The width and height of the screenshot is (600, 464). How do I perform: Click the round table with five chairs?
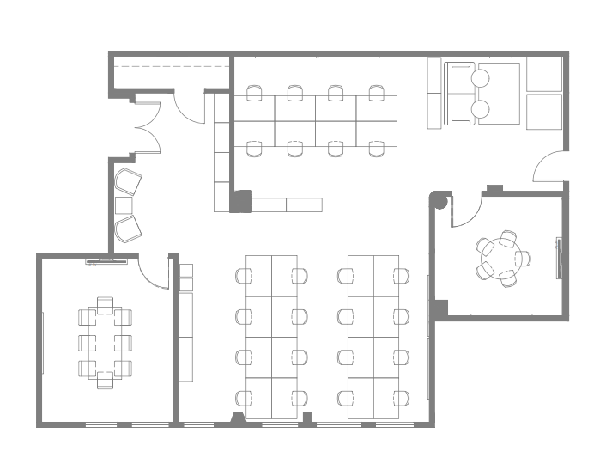pyautogui.click(x=502, y=259)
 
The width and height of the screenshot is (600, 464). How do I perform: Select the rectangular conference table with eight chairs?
pyautogui.click(x=105, y=342)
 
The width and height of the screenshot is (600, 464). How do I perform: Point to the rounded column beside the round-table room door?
pyautogui.click(x=439, y=203)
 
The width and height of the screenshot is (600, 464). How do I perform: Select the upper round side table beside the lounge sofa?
pyautogui.click(x=481, y=78)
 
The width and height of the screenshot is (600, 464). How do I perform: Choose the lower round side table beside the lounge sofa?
pyautogui.click(x=481, y=109)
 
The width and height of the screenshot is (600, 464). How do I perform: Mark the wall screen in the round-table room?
pyautogui.click(x=559, y=258)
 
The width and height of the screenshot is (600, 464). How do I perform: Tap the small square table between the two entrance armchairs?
pyautogui.click(x=124, y=205)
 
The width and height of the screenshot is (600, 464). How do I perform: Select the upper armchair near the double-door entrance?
pyautogui.click(x=128, y=182)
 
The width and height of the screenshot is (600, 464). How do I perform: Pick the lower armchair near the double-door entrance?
pyautogui.click(x=128, y=228)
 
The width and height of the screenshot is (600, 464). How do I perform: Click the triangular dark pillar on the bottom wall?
pyautogui.click(x=237, y=418)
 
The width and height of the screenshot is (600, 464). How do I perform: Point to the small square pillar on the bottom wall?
pyautogui.click(x=306, y=418)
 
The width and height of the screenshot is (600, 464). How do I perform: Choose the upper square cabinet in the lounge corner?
pyautogui.click(x=544, y=74)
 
